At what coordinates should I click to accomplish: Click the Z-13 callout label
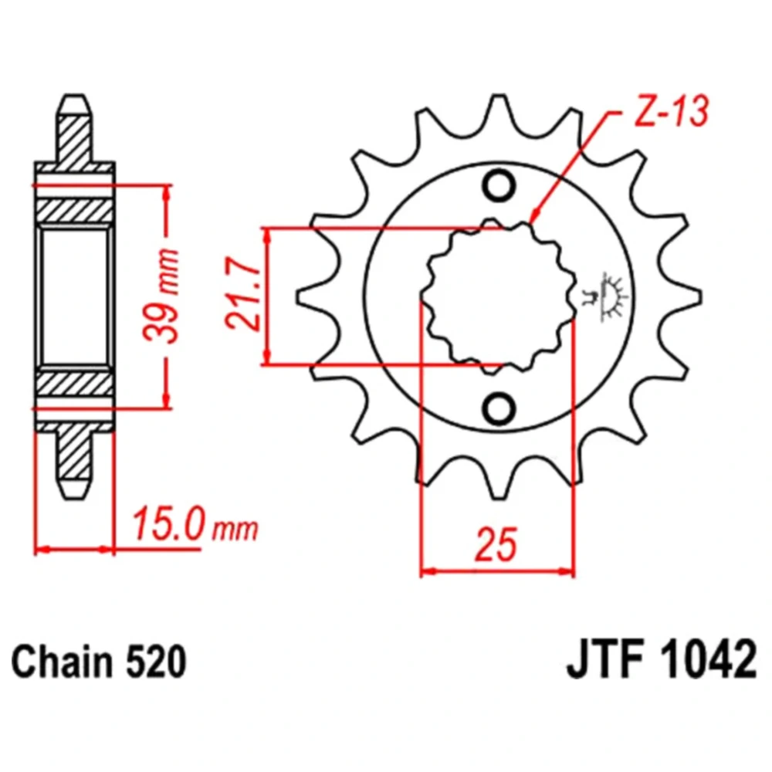671,111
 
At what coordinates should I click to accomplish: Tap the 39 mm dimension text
161,296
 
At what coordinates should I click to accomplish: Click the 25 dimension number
496,544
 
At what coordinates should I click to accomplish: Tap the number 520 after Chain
156,662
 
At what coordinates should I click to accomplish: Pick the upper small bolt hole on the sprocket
499,185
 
